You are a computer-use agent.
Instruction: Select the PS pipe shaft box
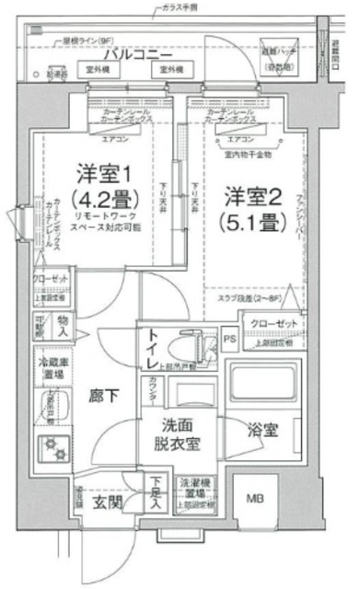click(229, 338)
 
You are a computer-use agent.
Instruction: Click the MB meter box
click(252, 501)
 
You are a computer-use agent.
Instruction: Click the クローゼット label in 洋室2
click(273, 324)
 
